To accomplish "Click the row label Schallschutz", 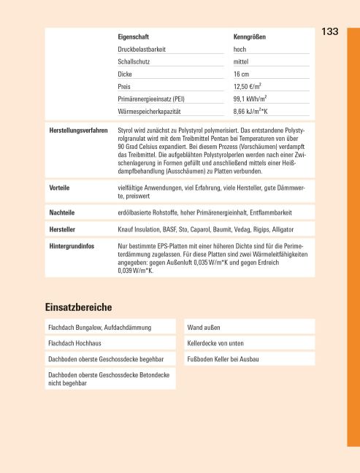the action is pos(134,61).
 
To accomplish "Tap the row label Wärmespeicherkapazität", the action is pos(149,112).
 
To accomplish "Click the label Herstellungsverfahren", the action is pos(78,131).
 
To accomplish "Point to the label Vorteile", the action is pos(59,188).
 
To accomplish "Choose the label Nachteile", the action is pos(62,212).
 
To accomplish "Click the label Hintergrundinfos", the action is pos(72,246).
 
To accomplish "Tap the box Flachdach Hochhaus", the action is pos(76,342).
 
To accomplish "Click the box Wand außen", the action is pos(204,326).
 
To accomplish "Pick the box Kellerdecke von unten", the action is pos(216,342).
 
